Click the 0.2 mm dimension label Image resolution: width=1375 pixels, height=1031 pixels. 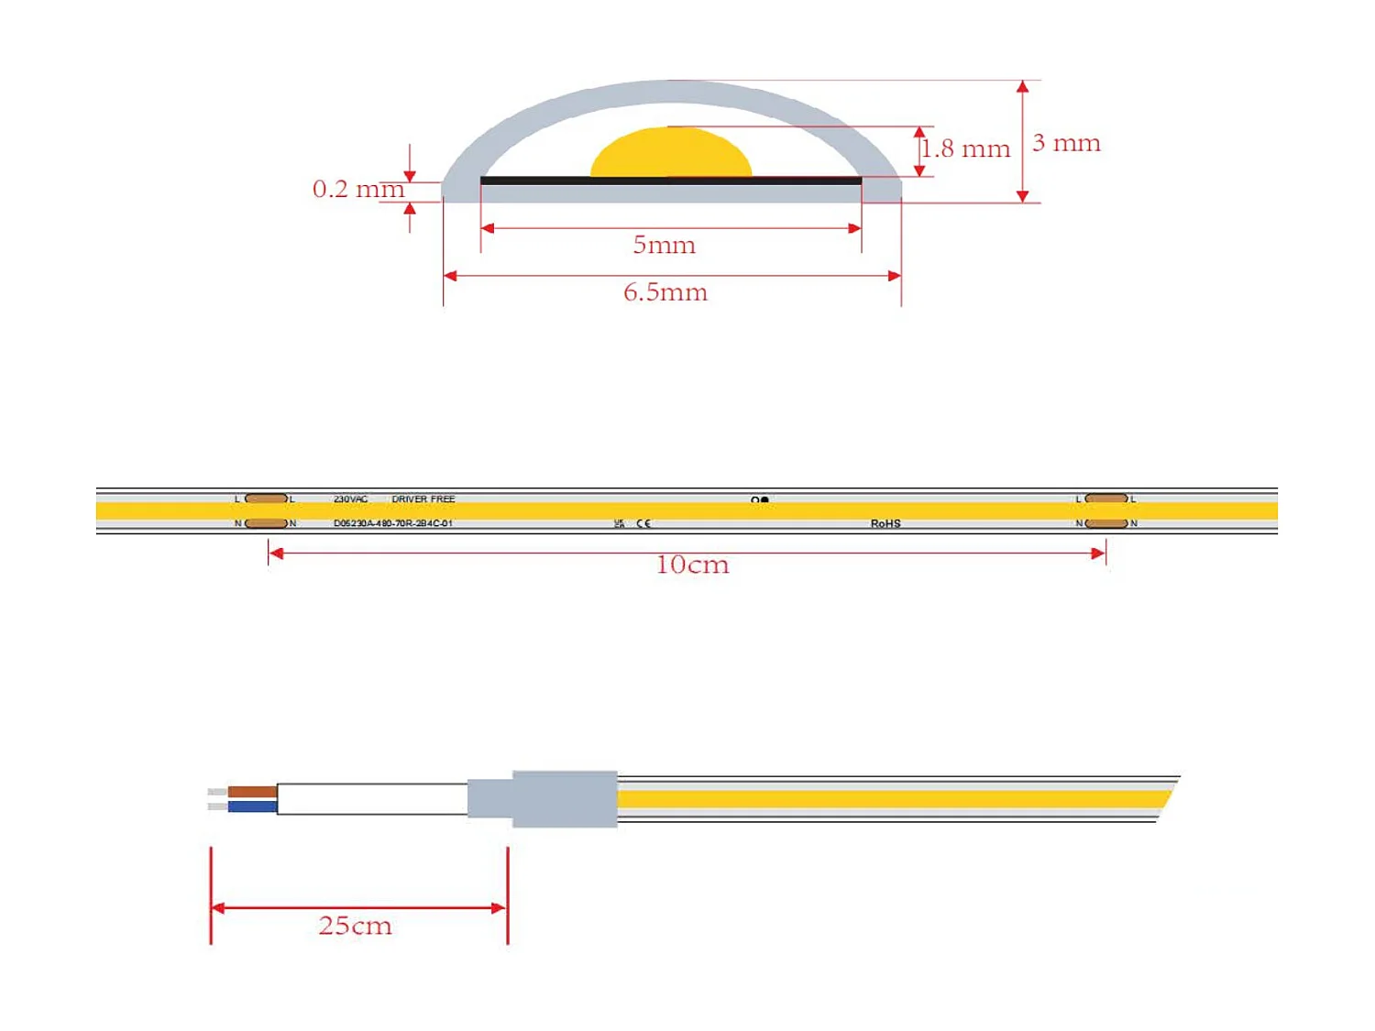357,189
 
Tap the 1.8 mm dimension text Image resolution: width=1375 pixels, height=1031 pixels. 965,148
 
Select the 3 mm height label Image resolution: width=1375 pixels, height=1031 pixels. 1066,143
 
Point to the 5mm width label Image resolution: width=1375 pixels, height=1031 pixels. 664,245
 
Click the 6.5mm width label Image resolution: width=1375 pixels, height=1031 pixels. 665,292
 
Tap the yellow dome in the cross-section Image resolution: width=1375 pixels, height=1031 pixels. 671,154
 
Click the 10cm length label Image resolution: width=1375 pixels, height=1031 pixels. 692,565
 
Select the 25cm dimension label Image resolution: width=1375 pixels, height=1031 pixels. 355,926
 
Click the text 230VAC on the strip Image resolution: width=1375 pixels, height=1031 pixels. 350,499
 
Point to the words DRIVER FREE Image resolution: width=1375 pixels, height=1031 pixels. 423,499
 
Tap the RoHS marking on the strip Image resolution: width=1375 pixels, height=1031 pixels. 885,524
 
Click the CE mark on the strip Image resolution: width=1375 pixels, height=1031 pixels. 643,524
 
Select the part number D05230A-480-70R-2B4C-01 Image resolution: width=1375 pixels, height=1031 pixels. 392,524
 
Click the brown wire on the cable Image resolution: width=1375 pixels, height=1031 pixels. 252,791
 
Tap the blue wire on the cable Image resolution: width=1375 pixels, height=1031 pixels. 252,806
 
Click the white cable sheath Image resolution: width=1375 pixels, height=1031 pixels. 371,799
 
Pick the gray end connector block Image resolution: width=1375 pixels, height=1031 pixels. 563,799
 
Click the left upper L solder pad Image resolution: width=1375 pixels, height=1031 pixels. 267,499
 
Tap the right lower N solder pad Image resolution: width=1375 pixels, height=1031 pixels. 1105,523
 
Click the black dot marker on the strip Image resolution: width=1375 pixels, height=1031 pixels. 764,500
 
